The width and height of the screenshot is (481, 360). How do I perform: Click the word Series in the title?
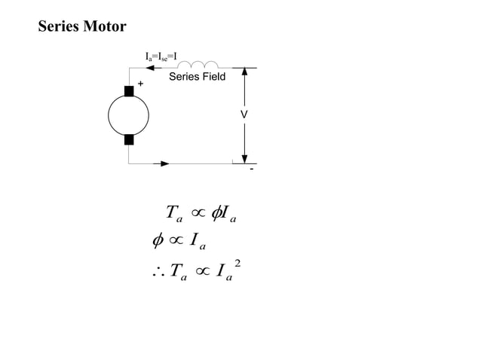61,27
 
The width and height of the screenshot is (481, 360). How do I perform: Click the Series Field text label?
197,77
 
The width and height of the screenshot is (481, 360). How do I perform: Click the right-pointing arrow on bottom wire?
164,163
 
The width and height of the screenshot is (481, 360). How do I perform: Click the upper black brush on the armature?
129,90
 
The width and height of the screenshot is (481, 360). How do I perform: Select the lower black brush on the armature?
129,139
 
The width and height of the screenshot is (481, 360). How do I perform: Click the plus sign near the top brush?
140,84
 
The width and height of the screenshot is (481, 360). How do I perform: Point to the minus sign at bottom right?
252,169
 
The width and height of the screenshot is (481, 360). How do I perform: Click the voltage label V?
244,114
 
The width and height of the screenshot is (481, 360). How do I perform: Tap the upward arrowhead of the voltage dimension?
244,73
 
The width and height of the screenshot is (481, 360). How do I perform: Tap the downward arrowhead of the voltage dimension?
244,157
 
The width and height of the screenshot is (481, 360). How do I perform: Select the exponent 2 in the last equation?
237,263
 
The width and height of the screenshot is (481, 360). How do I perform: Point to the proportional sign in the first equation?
201,213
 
